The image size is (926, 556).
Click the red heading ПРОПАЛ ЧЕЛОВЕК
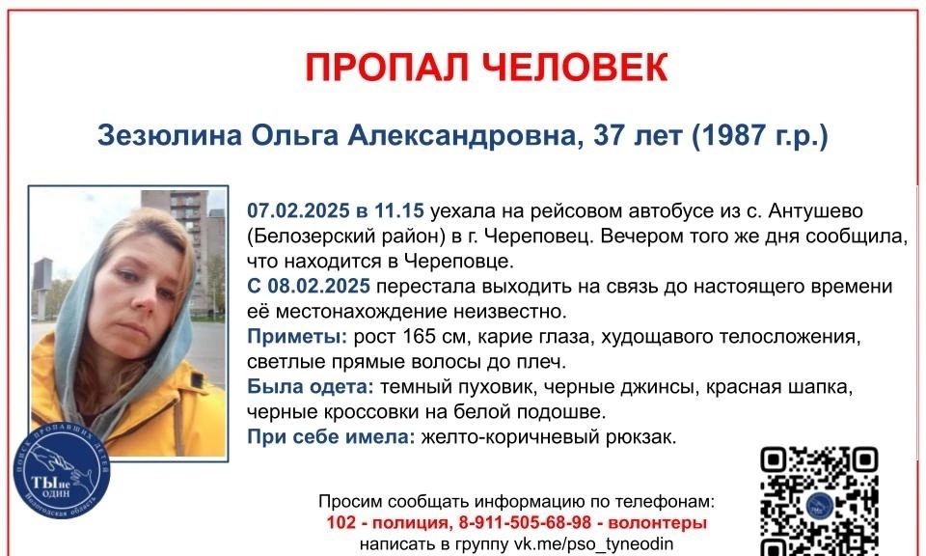486,67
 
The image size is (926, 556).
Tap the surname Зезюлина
170,136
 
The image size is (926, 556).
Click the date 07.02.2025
298,210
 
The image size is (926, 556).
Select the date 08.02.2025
319,286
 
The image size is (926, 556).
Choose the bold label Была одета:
310,387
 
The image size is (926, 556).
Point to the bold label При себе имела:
331,437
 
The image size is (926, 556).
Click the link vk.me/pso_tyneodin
593,543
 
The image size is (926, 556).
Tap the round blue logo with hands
62,471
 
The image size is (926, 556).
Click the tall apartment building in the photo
185,248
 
